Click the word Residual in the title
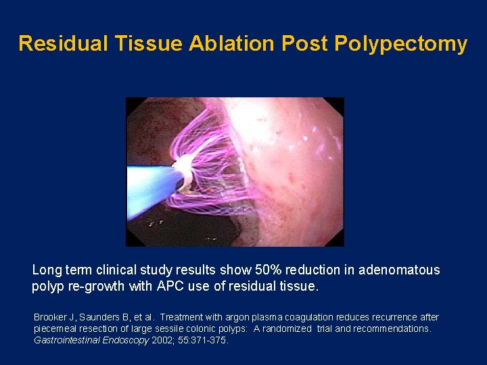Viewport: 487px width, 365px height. [55, 43]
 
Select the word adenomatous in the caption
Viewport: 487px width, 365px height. [400, 270]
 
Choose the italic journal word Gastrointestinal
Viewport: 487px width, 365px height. [67, 340]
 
